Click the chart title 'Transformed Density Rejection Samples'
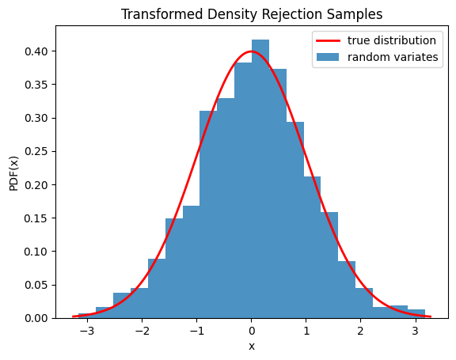(x=252, y=14)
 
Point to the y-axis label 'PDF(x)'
(x=13, y=172)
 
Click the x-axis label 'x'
(x=252, y=347)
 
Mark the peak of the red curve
(x=252, y=51)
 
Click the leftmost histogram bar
(x=87, y=316)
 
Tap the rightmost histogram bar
(x=416, y=314)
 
